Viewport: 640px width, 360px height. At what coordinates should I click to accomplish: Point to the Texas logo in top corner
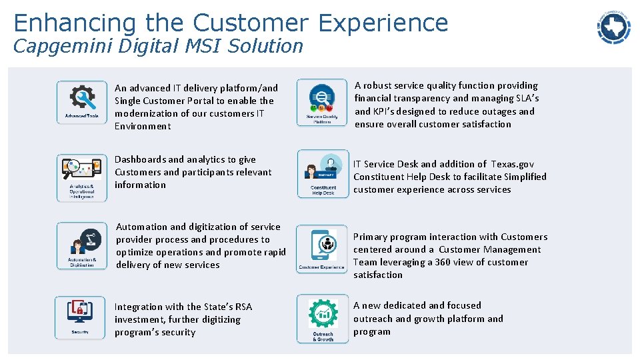click(x=613, y=27)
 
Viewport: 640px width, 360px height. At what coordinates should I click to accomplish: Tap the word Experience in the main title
click(x=383, y=23)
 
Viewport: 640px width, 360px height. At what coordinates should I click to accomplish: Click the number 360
click(x=443, y=262)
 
